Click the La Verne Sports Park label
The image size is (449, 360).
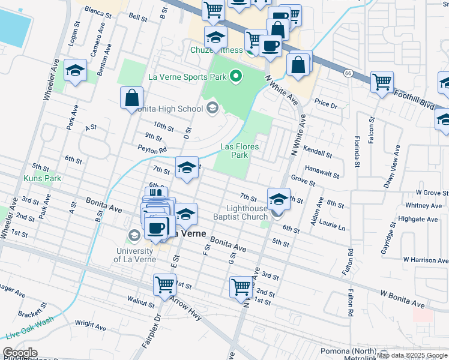[x=187, y=77]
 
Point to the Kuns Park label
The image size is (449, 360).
[x=42, y=178]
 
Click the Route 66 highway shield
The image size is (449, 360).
[x=348, y=73]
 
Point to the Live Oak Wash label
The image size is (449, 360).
[x=29, y=335]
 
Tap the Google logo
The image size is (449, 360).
[x=20, y=352]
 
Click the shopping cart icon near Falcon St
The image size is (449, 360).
[x=382, y=82]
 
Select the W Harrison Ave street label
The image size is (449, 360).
[x=426, y=260]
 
